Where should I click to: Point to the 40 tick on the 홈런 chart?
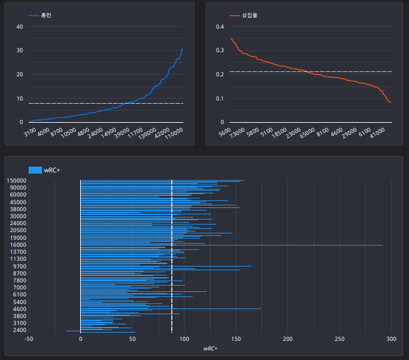20,27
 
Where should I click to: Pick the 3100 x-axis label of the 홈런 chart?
31,132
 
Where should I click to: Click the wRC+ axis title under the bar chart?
211,349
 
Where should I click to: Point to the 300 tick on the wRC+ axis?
391,339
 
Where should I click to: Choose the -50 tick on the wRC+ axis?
29,339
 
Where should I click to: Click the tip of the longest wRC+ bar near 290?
383,245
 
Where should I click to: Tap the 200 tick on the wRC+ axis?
288,339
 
